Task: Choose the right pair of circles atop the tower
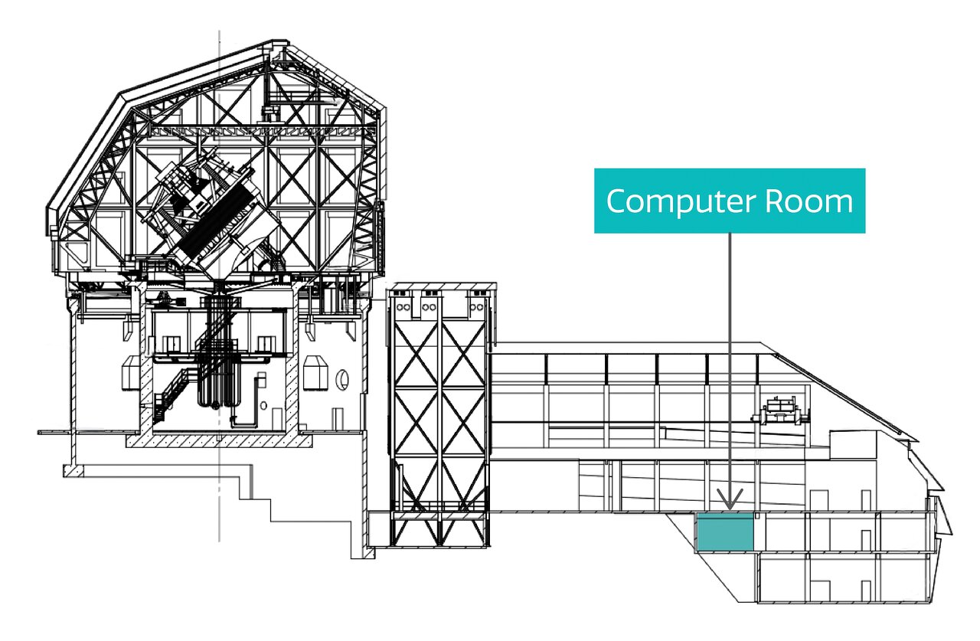tap(476, 307)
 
